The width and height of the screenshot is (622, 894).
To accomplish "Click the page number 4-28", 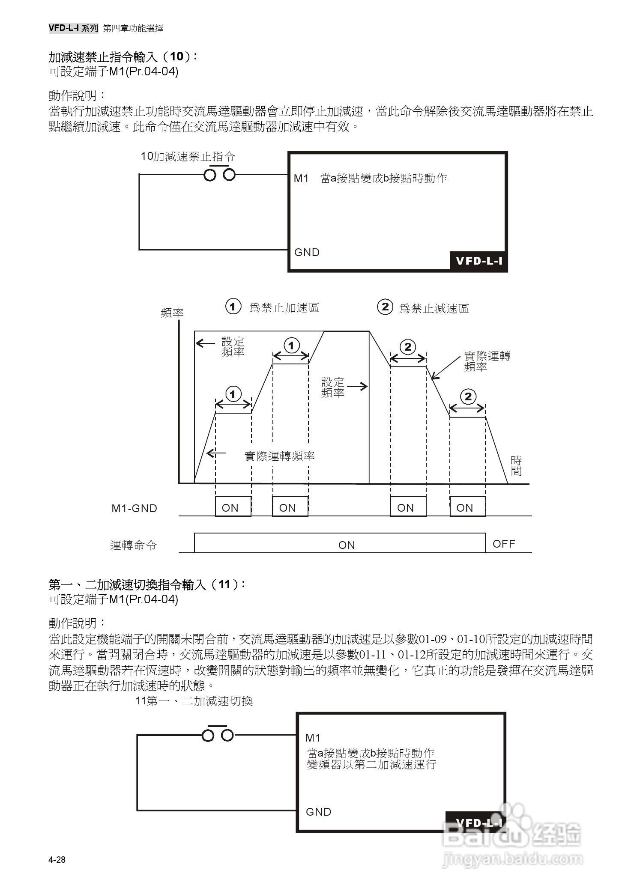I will [x=57, y=860].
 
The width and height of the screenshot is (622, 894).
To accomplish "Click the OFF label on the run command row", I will [x=504, y=544].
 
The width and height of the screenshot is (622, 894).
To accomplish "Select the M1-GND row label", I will [x=134, y=508].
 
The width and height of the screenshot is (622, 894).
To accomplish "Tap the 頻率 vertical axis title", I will [x=172, y=313].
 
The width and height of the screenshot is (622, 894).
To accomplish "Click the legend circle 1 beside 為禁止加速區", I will [x=233, y=307].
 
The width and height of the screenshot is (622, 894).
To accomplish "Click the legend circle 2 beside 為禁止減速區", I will [x=385, y=307].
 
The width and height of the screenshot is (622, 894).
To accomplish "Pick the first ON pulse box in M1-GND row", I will [x=233, y=507].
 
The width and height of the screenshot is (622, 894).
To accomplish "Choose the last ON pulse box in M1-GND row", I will [x=467, y=507].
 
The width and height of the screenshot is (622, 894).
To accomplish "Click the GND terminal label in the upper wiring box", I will [x=307, y=252].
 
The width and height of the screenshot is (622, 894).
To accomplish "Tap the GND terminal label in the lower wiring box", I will [x=318, y=812].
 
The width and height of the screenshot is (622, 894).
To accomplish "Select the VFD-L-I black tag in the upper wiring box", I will [x=478, y=261].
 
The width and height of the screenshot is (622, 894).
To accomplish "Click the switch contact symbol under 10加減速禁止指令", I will [x=219, y=174].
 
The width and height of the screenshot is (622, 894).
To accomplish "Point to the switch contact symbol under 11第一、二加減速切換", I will [x=218, y=735].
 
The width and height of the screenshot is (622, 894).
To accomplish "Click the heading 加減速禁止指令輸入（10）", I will [x=123, y=57].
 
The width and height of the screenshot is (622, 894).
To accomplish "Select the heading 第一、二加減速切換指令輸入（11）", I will [x=147, y=584].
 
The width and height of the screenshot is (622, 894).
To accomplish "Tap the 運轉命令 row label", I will [x=133, y=545].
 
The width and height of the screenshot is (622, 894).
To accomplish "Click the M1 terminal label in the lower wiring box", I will [x=313, y=738].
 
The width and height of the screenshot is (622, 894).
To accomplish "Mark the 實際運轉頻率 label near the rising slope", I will [x=279, y=456].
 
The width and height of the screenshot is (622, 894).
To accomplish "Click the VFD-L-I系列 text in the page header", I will [x=73, y=28].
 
